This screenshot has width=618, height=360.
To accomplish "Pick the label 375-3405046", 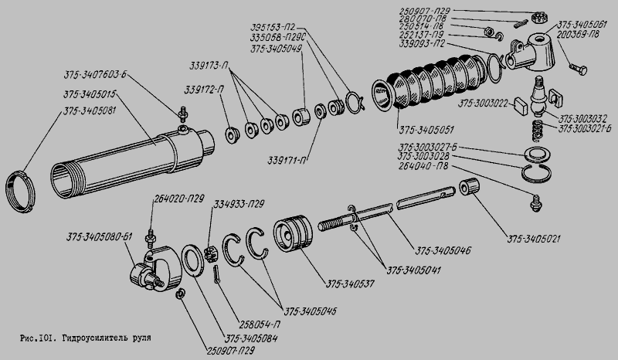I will click(443, 251).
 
